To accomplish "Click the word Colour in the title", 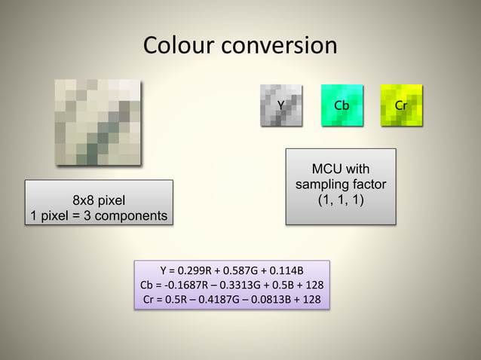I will (179, 45).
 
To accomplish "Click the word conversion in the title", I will (278, 45).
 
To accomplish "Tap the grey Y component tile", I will (281, 105).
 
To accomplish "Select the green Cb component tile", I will (342, 105).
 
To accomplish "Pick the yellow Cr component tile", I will (401, 105).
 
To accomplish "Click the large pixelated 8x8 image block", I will (98, 121).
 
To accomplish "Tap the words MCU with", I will (341, 169).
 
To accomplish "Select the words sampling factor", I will (341, 185).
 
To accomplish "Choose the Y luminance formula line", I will (231, 270).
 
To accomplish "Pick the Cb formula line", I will (231, 285).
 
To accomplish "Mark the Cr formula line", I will (231, 301).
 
